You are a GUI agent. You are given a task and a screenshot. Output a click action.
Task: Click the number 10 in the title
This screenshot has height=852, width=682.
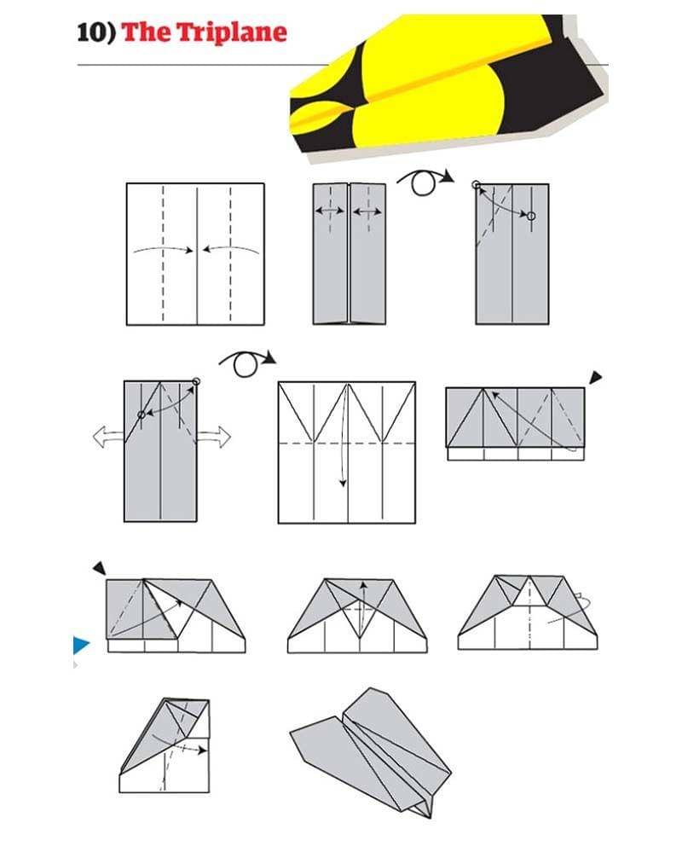tap(92, 32)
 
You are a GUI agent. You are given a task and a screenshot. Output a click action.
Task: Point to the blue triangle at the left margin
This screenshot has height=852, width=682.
tap(81, 645)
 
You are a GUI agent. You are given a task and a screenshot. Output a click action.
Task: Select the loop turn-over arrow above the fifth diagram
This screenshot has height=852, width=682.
tap(247, 362)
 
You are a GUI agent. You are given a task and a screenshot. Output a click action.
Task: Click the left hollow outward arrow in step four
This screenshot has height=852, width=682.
tap(108, 437)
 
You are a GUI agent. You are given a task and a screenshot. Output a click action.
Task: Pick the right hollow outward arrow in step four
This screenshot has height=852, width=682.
tap(214, 437)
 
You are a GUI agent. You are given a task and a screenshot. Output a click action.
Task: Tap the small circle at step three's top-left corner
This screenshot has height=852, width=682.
tap(477, 185)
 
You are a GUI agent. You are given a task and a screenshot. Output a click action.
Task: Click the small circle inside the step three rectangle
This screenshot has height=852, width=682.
tap(531, 216)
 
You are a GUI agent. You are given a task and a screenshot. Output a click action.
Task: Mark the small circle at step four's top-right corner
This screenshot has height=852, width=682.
tap(196, 381)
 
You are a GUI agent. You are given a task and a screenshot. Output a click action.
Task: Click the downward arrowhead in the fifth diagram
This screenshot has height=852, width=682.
tap(343, 483)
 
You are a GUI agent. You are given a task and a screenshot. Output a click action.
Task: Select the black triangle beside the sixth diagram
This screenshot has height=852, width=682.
tap(596, 377)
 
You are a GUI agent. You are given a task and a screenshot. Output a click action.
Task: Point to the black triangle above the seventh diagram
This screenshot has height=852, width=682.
tap(100, 568)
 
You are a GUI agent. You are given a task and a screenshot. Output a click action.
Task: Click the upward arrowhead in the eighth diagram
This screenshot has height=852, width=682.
tap(362, 585)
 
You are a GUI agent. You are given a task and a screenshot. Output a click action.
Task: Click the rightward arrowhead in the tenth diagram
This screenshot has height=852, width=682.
tap(202, 751)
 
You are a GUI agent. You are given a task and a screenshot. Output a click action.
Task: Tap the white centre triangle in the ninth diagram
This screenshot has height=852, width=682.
tap(530, 592)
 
